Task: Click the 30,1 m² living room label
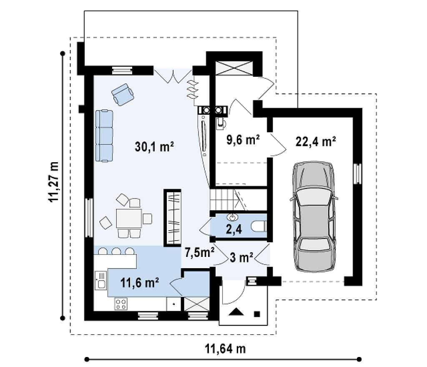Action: [x=154, y=147]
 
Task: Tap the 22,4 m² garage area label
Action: [x=316, y=141]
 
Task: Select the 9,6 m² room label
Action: [x=243, y=140]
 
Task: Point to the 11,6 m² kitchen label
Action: [x=140, y=283]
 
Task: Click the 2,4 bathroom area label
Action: [x=234, y=229]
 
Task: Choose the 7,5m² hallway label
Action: [x=200, y=252]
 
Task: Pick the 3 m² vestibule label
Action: [x=241, y=257]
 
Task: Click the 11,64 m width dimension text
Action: [x=225, y=349]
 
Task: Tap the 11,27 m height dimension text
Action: [x=54, y=182]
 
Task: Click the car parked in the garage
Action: [x=314, y=216]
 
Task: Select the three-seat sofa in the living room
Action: [x=104, y=136]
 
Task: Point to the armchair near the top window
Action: [x=123, y=94]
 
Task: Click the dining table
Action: [x=129, y=219]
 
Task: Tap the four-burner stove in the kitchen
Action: [x=121, y=304]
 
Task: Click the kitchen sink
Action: [x=101, y=281]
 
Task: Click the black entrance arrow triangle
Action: [x=236, y=312]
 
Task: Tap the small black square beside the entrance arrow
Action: [x=257, y=314]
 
